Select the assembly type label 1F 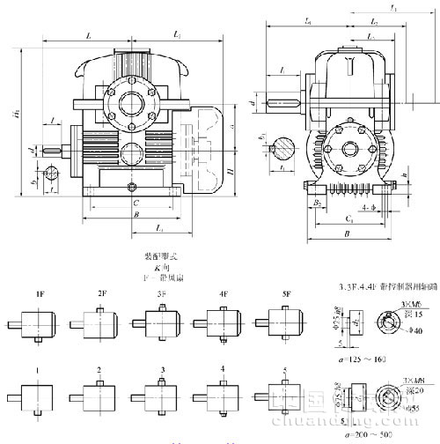[x=40, y=292]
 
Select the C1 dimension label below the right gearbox [x=349, y=218]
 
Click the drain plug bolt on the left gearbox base [x=131, y=188]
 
